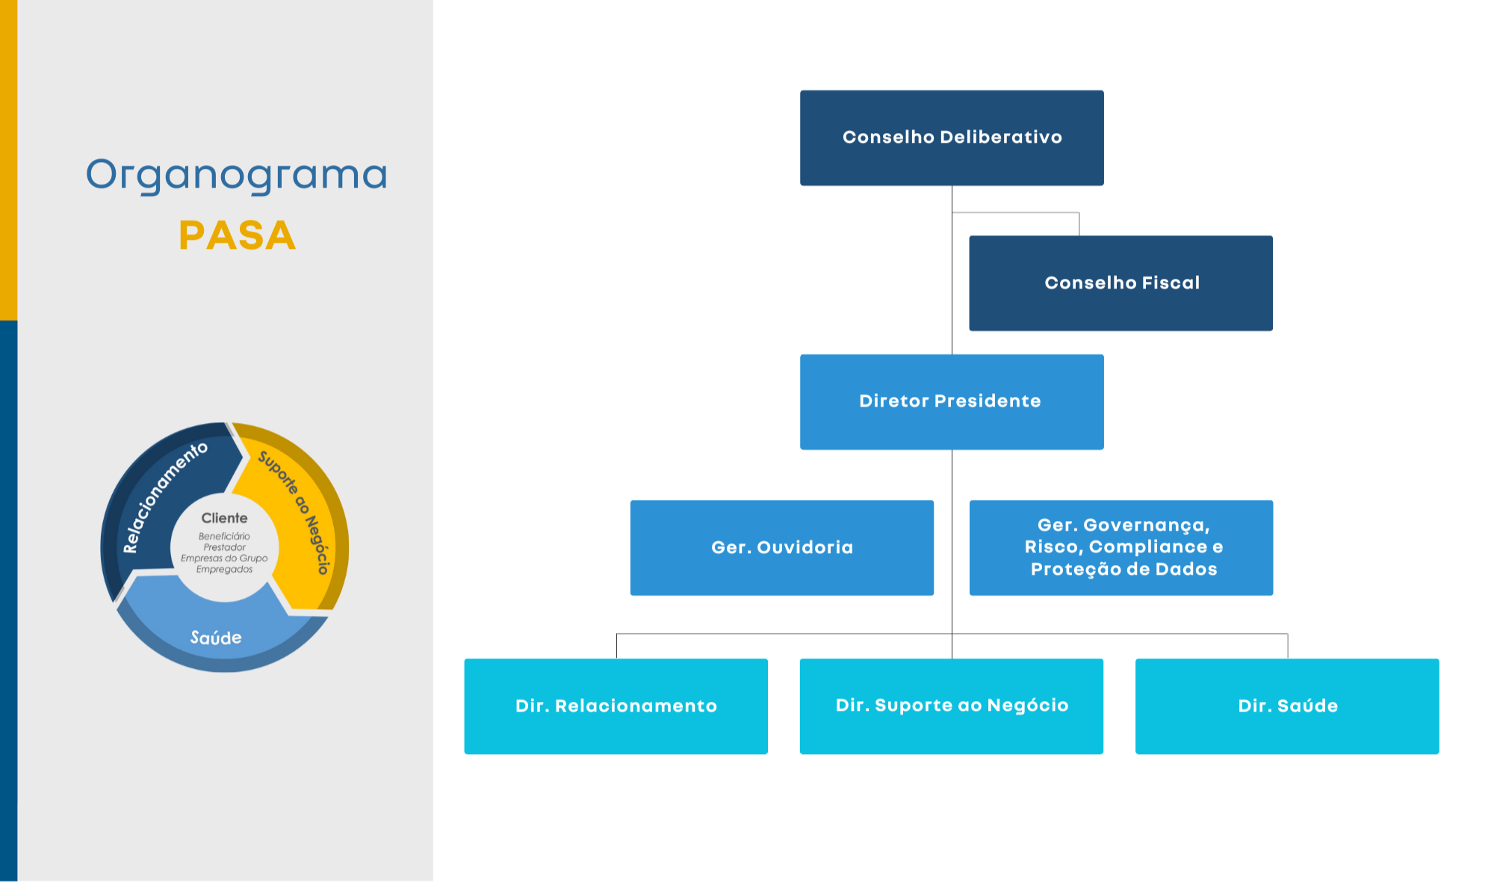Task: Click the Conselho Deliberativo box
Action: click(x=952, y=138)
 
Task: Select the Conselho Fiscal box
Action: click(x=1120, y=283)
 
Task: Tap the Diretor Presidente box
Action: click(x=952, y=401)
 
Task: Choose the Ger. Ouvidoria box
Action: click(x=781, y=547)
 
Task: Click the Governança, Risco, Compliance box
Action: click(x=1120, y=547)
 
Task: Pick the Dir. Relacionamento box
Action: click(x=616, y=706)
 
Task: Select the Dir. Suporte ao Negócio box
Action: click(x=951, y=706)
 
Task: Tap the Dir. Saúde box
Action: click(x=1287, y=706)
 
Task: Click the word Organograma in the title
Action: click(x=236, y=175)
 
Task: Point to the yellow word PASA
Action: click(x=237, y=235)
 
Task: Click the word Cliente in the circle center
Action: click(x=224, y=518)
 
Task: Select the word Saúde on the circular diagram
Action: click(x=216, y=638)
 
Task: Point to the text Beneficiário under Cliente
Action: click(x=224, y=536)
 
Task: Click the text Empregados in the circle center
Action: click(x=224, y=570)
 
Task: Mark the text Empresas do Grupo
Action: click(x=224, y=558)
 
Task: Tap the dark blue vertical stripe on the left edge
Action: click(x=8, y=598)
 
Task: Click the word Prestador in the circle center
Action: click(x=224, y=547)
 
